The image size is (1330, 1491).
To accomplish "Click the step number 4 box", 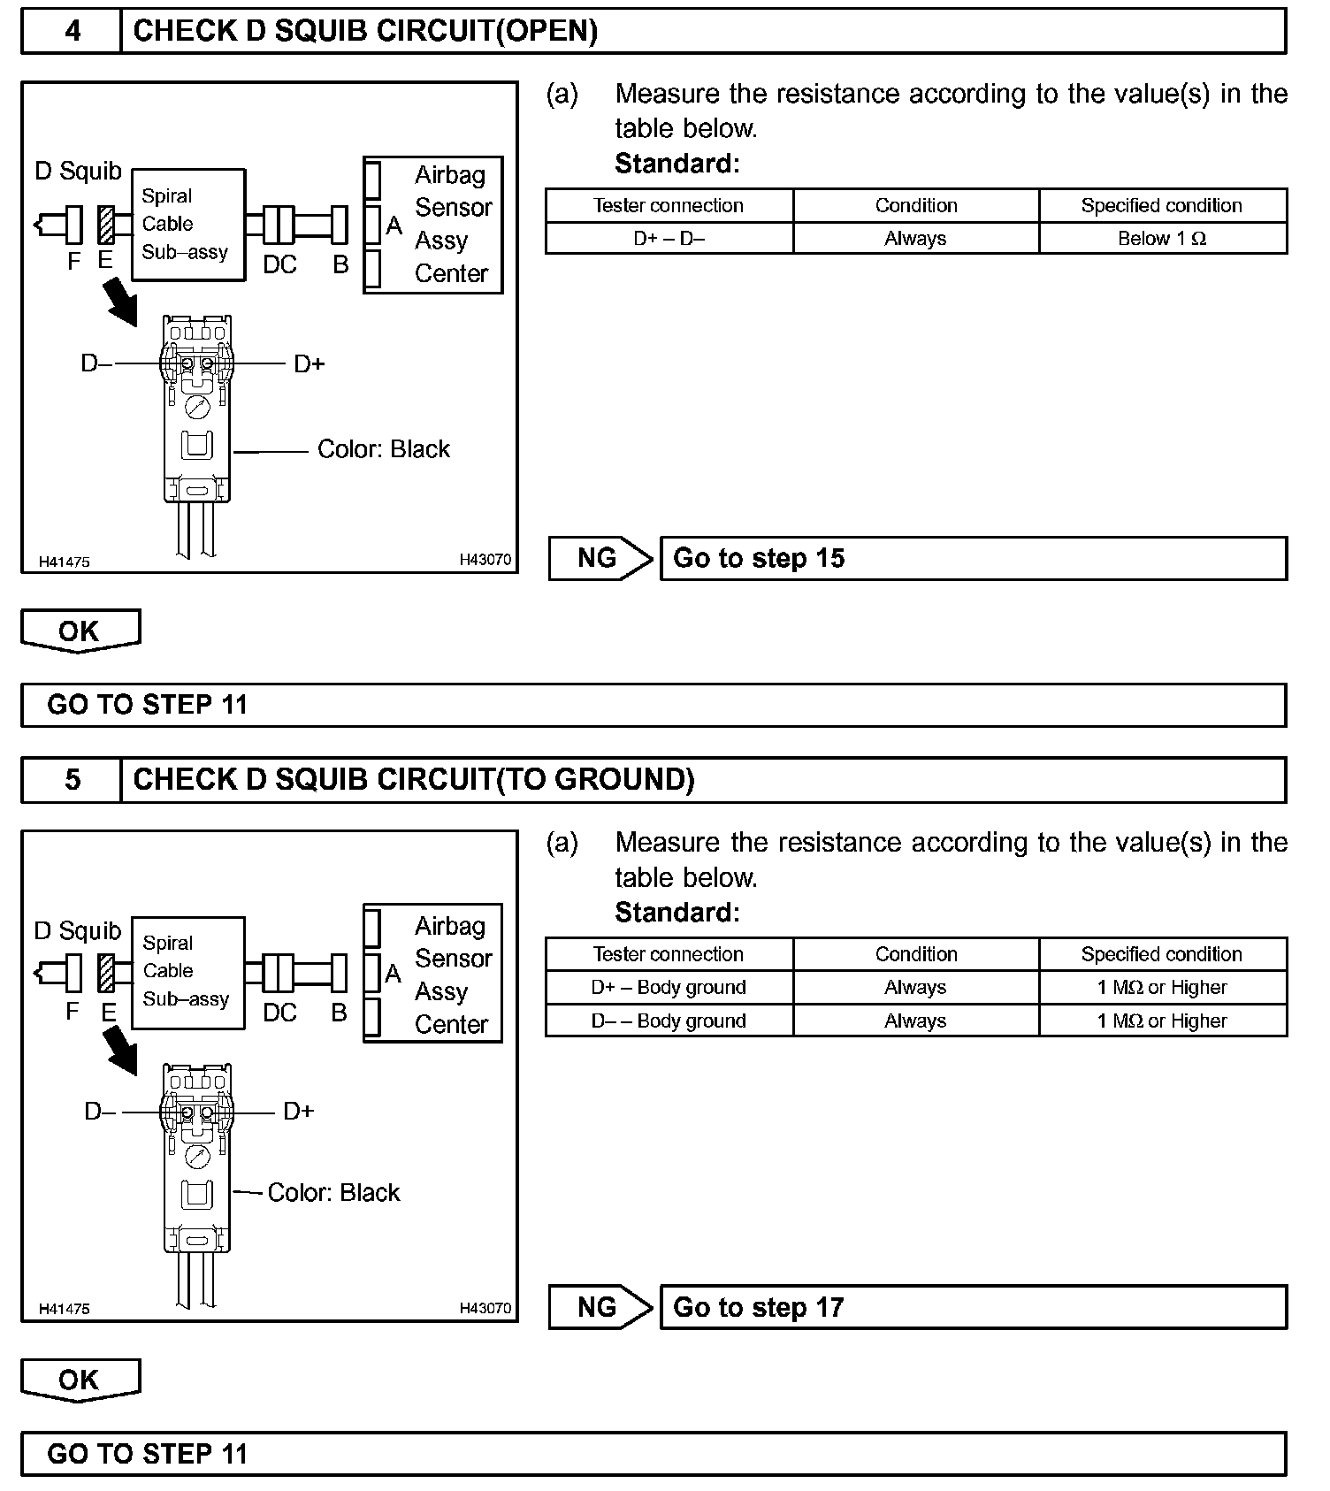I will point(72,31).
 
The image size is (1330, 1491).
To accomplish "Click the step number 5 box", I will point(72,779).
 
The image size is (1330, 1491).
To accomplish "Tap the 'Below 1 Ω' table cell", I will point(1162,239).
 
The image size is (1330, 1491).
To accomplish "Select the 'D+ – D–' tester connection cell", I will point(669,239).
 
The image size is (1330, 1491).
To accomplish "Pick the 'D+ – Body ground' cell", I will point(669,988).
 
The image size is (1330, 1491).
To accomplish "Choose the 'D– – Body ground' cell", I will point(669,1021).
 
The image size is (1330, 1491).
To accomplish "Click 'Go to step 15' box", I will point(973,559).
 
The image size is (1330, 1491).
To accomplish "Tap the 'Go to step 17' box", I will point(973,1308).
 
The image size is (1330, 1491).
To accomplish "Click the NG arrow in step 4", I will point(600,559).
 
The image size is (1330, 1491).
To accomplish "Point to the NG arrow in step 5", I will point(600,1308).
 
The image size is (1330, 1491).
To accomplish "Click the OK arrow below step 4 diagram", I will point(80,631).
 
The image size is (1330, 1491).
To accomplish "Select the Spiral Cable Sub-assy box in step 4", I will point(187,225).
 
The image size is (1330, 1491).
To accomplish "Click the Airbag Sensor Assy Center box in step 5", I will point(433,974).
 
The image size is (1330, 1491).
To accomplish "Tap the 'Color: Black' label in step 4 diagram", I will point(383,449).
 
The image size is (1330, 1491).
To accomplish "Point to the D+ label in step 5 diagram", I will point(299,1112).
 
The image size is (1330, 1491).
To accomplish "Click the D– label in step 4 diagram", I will point(96,363).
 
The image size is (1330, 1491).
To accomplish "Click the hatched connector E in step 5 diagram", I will point(107,974).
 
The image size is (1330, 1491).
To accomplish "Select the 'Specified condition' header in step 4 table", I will point(1162,205).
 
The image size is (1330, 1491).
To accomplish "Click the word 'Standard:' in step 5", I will point(676,912).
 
